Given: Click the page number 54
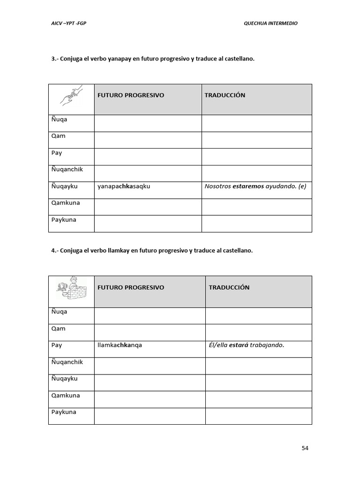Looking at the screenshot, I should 305,448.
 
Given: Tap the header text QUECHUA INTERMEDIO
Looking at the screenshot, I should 270,23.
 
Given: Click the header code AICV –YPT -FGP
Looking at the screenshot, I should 68,23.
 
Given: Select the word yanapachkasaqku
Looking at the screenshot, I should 124,186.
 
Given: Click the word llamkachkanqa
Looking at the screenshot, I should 120,345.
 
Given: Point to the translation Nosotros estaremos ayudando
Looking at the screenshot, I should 255,186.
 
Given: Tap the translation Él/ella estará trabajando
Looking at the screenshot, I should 247,345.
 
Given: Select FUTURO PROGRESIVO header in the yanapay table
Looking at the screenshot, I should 131,95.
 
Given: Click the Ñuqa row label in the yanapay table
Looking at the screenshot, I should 59,120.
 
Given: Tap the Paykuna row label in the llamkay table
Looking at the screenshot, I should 63,412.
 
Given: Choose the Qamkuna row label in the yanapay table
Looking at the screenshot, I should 65,203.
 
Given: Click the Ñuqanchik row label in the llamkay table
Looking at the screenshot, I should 67,362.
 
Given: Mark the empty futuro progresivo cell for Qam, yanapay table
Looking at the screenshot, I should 148,140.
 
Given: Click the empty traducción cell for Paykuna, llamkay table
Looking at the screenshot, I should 258,416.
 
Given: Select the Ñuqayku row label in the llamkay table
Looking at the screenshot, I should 64,379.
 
